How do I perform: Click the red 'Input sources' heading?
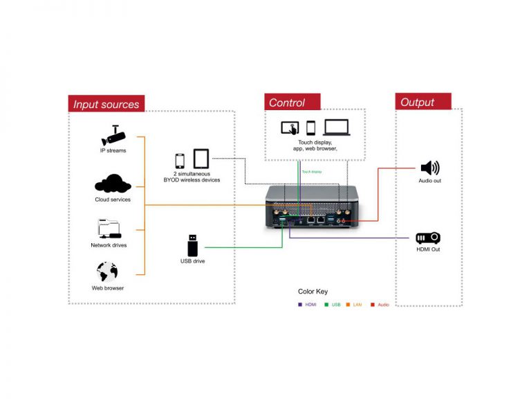(x=106, y=105)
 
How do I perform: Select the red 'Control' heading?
(x=288, y=103)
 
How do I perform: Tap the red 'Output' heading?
(x=418, y=102)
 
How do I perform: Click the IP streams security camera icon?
(x=113, y=134)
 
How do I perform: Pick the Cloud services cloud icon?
(x=113, y=184)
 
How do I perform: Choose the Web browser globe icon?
(x=108, y=272)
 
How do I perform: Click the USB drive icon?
(x=192, y=245)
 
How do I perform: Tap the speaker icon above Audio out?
(x=429, y=168)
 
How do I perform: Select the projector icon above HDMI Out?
(x=428, y=238)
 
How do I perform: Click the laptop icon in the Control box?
(x=337, y=127)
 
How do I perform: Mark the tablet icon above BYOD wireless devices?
(x=201, y=159)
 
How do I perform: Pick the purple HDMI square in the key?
(x=299, y=304)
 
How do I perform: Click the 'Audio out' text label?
(x=429, y=181)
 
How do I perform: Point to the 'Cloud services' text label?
(x=113, y=199)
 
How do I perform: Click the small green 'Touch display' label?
(x=312, y=171)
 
